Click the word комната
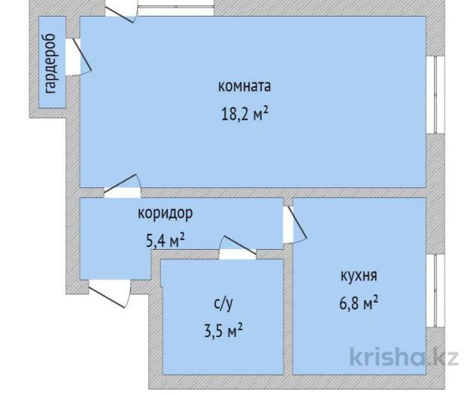[x=245, y=86]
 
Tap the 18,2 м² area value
[x=245, y=114]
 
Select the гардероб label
[x=50, y=63]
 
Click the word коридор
[x=165, y=214]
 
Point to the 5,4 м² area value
[x=166, y=241]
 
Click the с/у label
[x=223, y=303]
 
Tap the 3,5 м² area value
[x=223, y=330]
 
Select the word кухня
[x=359, y=275]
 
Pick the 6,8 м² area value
[x=359, y=303]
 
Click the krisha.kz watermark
[x=404, y=357]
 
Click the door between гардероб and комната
[x=78, y=56]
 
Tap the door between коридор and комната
[x=123, y=186]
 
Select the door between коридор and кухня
[x=294, y=224]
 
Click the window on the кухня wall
[x=436, y=290]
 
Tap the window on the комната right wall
[x=436, y=95]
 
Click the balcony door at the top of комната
[x=121, y=11]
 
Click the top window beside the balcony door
[x=176, y=8]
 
